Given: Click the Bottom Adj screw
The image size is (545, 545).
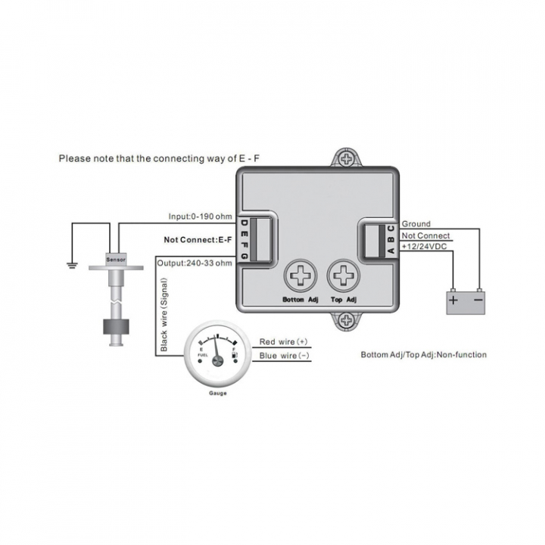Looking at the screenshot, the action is coord(301,276).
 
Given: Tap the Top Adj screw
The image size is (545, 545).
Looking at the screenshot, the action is coord(344,276).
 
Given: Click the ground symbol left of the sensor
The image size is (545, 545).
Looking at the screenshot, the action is coord(72,266).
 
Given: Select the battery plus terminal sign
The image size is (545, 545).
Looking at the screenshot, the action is coord(453,300).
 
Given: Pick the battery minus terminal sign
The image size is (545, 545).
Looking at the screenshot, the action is coord(478,300).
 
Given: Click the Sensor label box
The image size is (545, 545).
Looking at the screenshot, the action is coord(116,260).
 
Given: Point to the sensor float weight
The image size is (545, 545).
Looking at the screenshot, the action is coord(116,327).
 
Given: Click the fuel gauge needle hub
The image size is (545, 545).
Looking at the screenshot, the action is coord(218,361).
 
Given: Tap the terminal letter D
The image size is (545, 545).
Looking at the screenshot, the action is coord(244,223).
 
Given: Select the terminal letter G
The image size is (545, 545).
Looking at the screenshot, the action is coord(244,256).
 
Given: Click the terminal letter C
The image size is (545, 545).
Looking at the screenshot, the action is coord(391,229).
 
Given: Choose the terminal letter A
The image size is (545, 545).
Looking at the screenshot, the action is coord(391,251).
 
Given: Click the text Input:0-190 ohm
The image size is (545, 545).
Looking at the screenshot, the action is coord(200,216).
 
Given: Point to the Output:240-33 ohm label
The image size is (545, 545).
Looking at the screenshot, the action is coord(195,263).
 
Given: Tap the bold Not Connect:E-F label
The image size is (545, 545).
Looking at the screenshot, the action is coord(198,240).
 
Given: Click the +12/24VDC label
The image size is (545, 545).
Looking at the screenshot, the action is coord(424,247).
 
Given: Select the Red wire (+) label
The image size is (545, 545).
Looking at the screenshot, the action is coord(283,341).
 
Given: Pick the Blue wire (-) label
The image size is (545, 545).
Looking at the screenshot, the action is coord(284,356).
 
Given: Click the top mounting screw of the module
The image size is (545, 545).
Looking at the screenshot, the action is coord(347,159).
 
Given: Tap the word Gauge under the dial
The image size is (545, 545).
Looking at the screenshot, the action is coord(218,393).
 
